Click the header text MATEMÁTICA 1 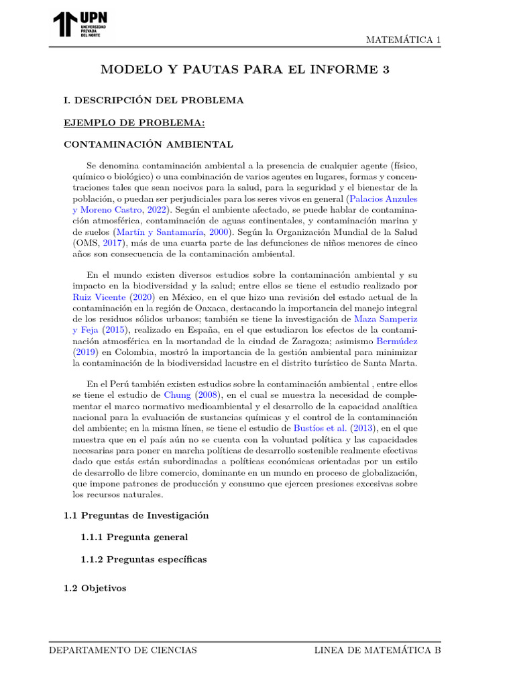(403, 40)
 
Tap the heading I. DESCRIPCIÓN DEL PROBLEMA (154, 101)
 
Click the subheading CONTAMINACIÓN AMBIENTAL (148, 144)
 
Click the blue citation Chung (178, 395)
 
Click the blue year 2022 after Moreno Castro (158, 210)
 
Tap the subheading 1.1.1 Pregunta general (134, 537)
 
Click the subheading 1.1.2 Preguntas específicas (144, 560)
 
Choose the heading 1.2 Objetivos (95, 588)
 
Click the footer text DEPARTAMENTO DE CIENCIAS (123, 650)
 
